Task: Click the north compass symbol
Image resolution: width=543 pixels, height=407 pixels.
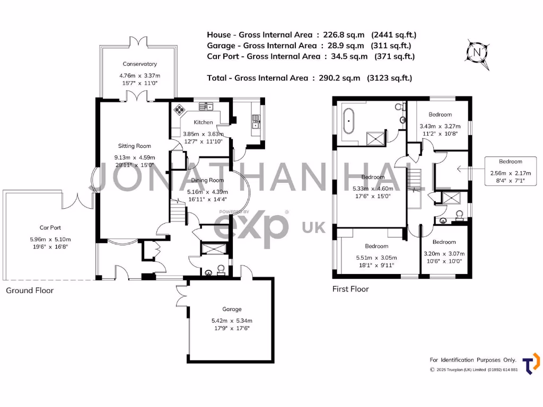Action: (478, 53)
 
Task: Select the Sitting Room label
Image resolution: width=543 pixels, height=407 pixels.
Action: (134, 146)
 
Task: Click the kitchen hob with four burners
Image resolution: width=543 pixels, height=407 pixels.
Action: (180, 110)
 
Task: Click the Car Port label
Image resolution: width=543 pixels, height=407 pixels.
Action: (51, 227)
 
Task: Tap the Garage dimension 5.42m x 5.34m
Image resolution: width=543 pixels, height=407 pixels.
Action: (231, 321)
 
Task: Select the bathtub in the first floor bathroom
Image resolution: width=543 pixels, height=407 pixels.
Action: (349, 121)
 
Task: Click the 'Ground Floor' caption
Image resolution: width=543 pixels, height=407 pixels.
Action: (30, 290)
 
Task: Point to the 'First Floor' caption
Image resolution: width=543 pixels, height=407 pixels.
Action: (351, 289)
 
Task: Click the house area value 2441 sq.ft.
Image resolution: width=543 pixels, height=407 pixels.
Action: (394, 35)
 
